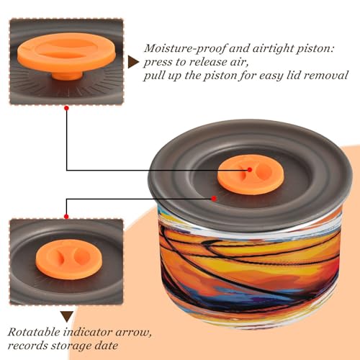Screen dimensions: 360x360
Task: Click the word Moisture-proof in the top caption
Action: pos(185,49)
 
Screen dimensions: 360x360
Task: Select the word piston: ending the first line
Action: pos(315,49)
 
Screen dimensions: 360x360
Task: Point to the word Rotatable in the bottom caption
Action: pos(34,333)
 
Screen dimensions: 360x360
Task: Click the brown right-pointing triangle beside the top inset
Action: pos(132,63)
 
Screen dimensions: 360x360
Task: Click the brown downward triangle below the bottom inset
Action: pos(67,316)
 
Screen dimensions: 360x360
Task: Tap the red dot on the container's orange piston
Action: pos(250,170)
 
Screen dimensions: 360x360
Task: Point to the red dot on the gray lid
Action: pos(214,199)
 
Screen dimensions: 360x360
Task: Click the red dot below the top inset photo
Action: pos(67,108)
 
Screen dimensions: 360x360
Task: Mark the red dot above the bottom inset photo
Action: pos(66,217)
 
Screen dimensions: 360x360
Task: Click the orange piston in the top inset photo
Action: pos(67,54)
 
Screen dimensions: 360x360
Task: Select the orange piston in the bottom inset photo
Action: pos(69,259)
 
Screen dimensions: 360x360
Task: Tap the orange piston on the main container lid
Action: pos(251,174)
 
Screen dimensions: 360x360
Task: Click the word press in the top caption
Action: pos(158,63)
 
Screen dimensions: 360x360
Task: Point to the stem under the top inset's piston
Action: pos(68,76)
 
